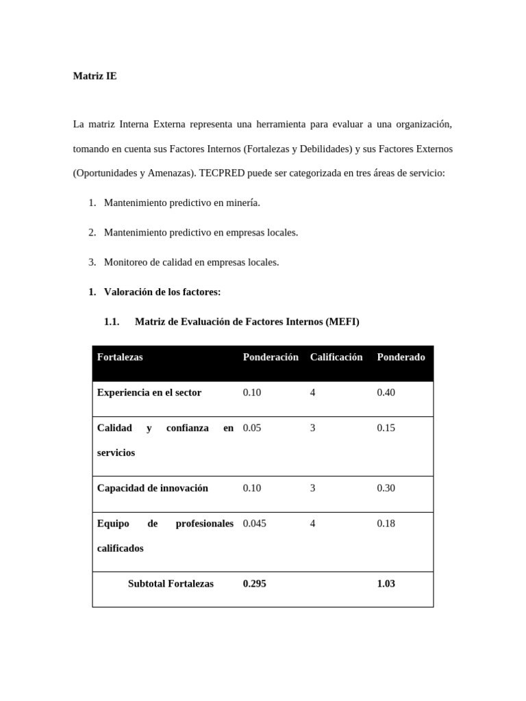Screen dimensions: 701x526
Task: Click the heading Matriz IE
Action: coord(95,76)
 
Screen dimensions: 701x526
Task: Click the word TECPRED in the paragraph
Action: coord(221,173)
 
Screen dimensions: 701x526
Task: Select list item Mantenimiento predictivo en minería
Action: coord(181,203)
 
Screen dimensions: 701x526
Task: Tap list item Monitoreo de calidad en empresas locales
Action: coord(191,262)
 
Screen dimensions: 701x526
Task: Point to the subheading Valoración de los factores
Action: coord(162,292)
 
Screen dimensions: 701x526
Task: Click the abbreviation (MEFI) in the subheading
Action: coord(342,322)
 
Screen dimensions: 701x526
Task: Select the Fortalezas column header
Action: coord(120,357)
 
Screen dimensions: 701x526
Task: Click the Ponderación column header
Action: coord(271,357)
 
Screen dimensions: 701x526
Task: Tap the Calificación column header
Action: coord(336,357)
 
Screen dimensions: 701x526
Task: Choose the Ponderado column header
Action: coord(401,357)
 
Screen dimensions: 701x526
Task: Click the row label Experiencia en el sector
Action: coord(149,393)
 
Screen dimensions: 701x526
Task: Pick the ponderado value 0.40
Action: coord(386,393)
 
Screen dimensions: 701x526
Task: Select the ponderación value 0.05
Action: coord(252,429)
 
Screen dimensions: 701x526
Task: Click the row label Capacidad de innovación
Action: coord(152,489)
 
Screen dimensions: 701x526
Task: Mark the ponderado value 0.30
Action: coord(386,489)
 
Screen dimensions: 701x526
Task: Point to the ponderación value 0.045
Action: coord(254,524)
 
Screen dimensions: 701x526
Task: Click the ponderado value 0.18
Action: coord(386,524)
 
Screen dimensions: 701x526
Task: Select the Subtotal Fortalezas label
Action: coord(171,584)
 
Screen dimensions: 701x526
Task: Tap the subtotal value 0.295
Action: coord(254,584)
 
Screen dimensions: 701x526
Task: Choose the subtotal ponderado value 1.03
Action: coord(386,584)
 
